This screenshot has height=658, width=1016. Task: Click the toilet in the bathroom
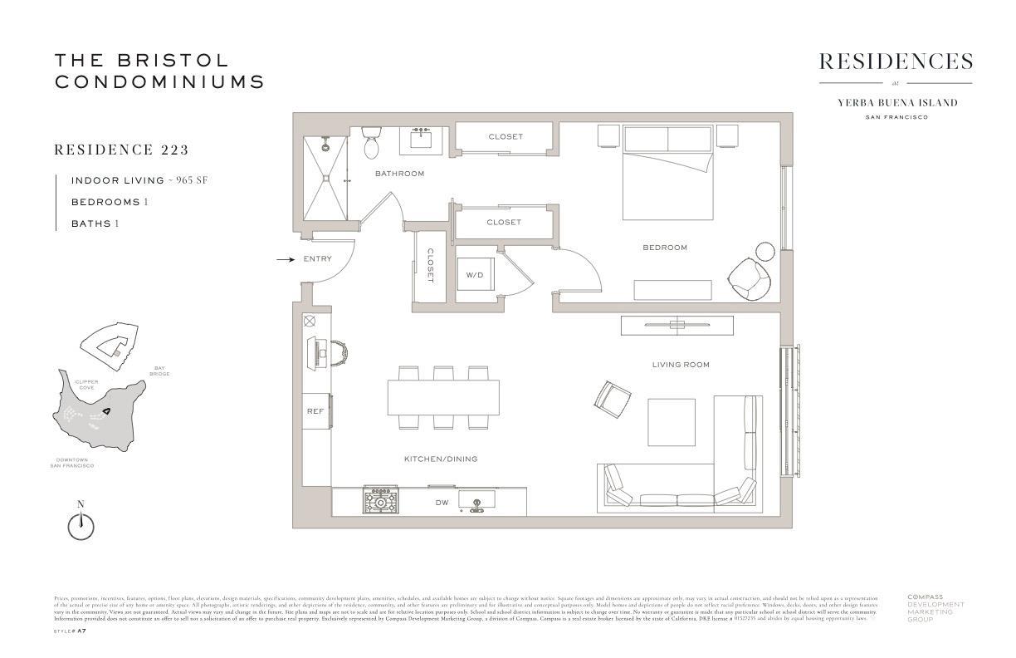[371, 144]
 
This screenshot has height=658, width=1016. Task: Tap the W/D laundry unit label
[474, 274]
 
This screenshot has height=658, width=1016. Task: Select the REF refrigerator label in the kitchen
[315, 411]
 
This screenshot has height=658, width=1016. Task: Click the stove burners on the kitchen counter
[380, 501]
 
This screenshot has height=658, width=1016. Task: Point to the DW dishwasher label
[442, 503]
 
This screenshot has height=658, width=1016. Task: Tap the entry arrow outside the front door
[285, 259]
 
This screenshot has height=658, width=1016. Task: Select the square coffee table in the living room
[671, 422]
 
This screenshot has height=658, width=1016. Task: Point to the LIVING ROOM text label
[681, 365]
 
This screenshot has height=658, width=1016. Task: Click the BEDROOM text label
[665, 248]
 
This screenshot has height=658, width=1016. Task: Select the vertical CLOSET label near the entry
[431, 266]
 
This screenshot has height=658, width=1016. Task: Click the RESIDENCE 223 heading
[121, 150]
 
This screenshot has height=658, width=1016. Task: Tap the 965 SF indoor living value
[190, 180]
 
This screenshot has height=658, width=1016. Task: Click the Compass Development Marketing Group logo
[935, 607]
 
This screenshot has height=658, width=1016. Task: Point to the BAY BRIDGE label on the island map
[159, 371]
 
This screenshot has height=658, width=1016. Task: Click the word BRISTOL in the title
[173, 61]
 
